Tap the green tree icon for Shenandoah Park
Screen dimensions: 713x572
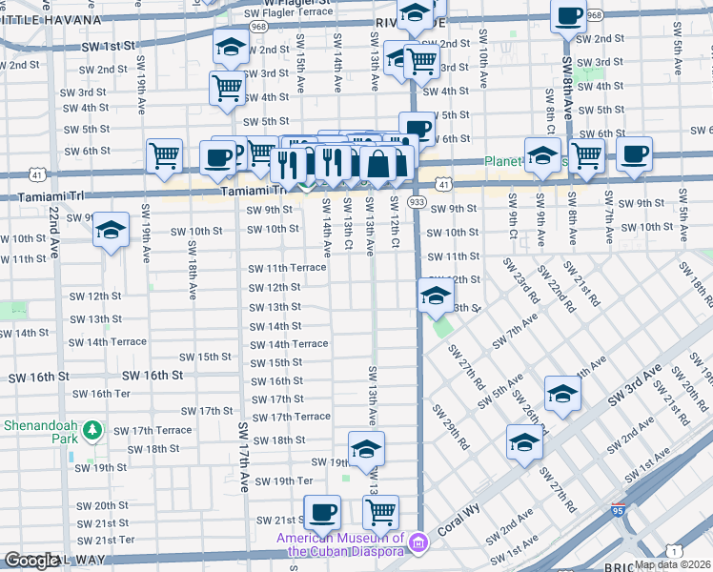tap(92, 431)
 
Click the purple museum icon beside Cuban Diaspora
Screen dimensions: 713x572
tap(416, 544)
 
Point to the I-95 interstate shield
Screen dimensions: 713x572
tap(618, 512)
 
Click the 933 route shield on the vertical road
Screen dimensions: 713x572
tap(417, 202)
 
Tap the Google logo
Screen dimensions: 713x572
tap(31, 561)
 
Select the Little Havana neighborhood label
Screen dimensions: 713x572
tap(50, 19)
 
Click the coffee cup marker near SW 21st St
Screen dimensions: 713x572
tap(321, 512)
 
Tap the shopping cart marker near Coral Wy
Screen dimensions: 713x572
tap(381, 512)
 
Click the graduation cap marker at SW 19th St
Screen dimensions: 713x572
tap(366, 448)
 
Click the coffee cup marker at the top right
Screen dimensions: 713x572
tap(569, 16)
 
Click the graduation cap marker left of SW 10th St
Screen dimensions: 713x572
tap(111, 230)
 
